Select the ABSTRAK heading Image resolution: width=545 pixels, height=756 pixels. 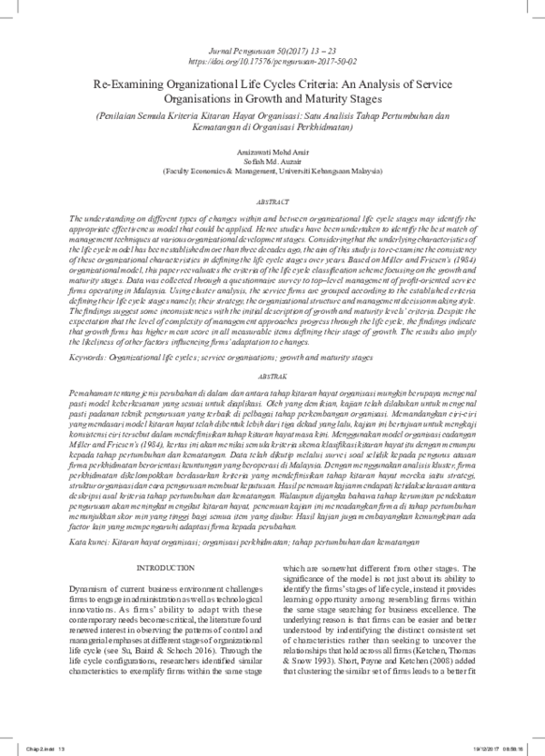point(272,374)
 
